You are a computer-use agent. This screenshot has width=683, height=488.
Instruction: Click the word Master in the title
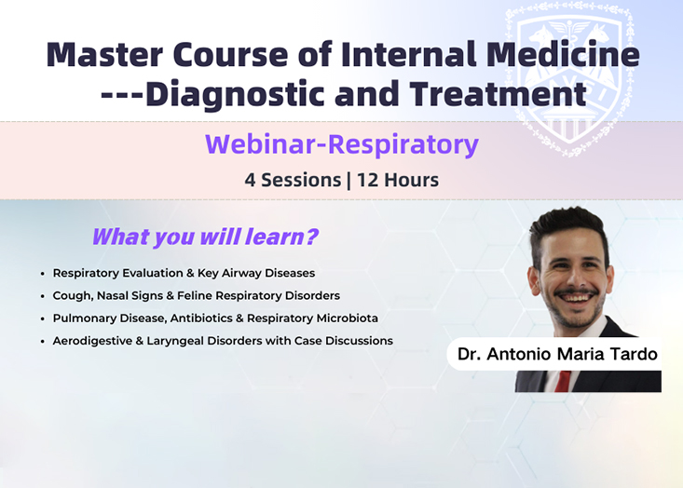pos(104,54)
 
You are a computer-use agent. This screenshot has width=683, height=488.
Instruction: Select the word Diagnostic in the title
pos(235,94)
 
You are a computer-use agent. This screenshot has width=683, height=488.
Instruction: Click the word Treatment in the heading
pos(498,93)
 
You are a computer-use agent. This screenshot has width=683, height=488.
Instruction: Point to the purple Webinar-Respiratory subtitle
pos(342,144)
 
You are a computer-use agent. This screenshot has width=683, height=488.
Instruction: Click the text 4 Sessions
pos(293,180)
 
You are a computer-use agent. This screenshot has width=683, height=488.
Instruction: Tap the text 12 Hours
pos(398,180)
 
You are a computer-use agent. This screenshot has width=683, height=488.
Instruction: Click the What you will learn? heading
pos(205,237)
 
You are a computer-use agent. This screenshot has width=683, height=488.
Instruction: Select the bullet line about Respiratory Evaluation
pos(184,274)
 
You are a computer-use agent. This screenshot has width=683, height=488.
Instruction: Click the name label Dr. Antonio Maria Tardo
pos(556,354)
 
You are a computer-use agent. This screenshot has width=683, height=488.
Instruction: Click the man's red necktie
pos(563,381)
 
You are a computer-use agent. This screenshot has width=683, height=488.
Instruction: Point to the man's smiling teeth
pos(576,298)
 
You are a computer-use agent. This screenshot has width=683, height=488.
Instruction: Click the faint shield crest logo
pos(569,78)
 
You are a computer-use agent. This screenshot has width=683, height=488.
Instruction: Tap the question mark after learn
pos(312,237)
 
